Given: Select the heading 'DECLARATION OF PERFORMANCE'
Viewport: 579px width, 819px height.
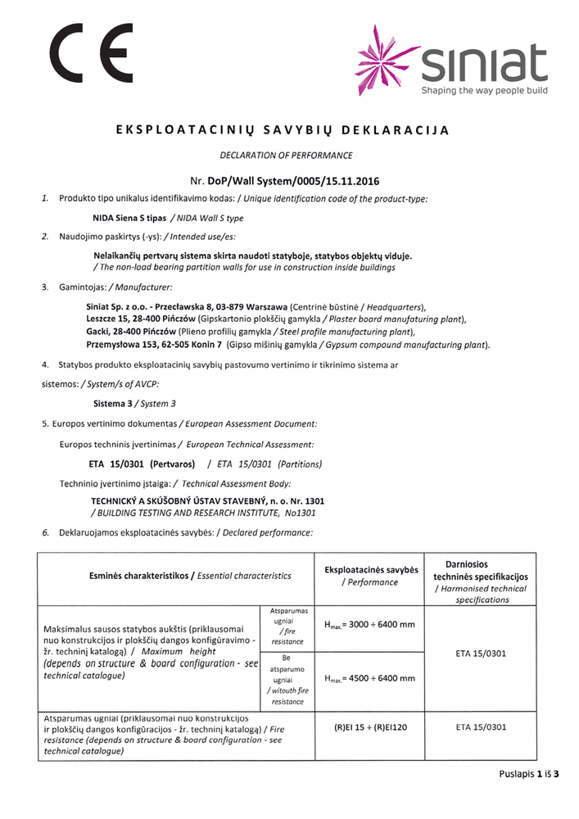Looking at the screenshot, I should coord(286,155).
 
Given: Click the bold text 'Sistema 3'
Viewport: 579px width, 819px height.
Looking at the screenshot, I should coord(113,404).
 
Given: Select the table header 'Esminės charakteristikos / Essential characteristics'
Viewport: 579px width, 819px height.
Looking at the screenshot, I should coord(190,577).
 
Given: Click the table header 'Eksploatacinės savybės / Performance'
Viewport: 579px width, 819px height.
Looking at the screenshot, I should coord(371,576).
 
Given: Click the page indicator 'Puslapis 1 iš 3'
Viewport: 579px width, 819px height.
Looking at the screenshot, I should coord(528,774).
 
